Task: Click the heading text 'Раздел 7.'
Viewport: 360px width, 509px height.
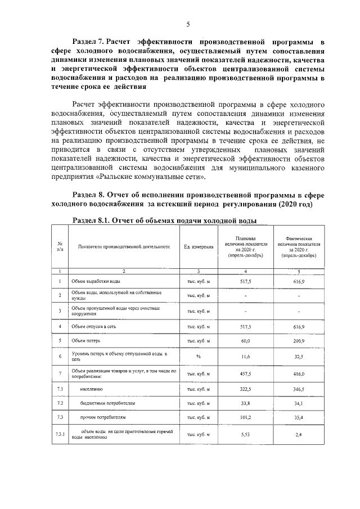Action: [89, 42]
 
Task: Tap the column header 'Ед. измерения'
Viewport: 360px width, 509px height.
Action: [198, 247]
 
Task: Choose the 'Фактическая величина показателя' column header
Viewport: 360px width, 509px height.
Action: [298, 247]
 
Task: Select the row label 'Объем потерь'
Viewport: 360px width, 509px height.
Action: [86, 341]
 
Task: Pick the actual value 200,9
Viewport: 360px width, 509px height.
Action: [298, 341]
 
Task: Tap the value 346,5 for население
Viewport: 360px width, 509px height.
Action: [298, 389]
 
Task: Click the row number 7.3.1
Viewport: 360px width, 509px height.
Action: [60, 434]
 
